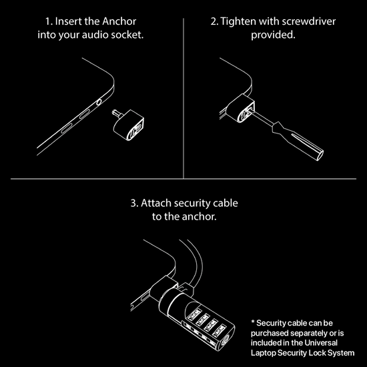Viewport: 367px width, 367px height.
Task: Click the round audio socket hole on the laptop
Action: click(99, 101)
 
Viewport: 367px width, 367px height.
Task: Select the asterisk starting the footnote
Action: click(253, 322)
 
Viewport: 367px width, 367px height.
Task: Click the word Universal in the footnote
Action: click(329, 342)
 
